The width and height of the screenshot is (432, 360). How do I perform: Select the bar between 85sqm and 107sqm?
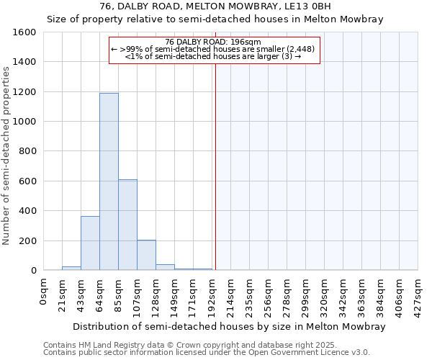(x=127, y=225)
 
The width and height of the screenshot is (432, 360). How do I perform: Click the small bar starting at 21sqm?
(x=71, y=268)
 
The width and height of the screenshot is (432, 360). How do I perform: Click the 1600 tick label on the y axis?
(x=24, y=32)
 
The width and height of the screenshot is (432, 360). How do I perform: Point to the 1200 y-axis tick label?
(x=24, y=92)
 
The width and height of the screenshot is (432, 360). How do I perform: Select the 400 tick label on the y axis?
(x=27, y=211)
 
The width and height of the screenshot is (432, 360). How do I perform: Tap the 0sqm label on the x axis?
(x=44, y=289)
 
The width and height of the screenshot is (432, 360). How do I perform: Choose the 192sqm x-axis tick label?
(x=212, y=293)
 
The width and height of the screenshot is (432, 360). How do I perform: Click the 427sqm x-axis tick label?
(x=418, y=293)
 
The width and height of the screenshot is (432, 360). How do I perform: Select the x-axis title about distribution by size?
(x=229, y=326)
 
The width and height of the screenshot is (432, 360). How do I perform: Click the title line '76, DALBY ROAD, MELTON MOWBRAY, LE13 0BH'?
(x=215, y=6)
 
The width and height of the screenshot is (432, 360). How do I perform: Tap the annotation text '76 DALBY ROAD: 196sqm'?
(x=213, y=42)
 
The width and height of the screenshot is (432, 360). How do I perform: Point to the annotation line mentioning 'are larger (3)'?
(x=213, y=55)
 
